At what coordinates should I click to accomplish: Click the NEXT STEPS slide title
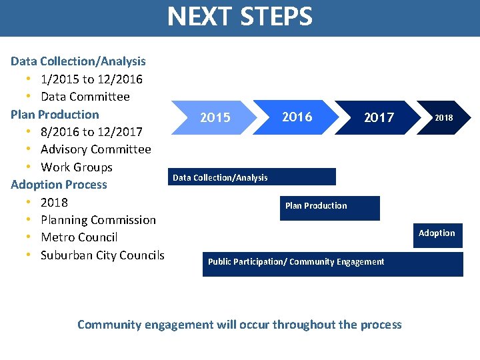[x=239, y=17]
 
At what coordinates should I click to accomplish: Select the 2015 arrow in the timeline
[x=215, y=118]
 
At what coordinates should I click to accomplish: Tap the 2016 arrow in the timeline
[x=297, y=117]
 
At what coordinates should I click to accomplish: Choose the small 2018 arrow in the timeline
[x=443, y=118]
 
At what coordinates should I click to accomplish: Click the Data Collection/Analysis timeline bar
[x=253, y=177]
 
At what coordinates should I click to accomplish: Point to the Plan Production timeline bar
[x=329, y=207]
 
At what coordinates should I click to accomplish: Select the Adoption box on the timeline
[x=437, y=235]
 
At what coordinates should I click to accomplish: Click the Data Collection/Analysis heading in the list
[x=78, y=61]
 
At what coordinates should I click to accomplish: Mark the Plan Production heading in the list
[x=55, y=115]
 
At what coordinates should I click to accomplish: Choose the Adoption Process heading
[x=59, y=185]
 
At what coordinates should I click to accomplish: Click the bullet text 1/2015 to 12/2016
[x=91, y=79]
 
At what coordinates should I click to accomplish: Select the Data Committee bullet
[x=85, y=97]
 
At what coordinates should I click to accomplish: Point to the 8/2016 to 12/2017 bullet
[x=91, y=132]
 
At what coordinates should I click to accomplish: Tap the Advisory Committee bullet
[x=96, y=149]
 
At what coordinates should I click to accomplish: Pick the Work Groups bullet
[x=77, y=167]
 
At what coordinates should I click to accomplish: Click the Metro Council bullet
[x=79, y=237]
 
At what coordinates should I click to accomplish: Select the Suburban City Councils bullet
[x=102, y=255]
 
